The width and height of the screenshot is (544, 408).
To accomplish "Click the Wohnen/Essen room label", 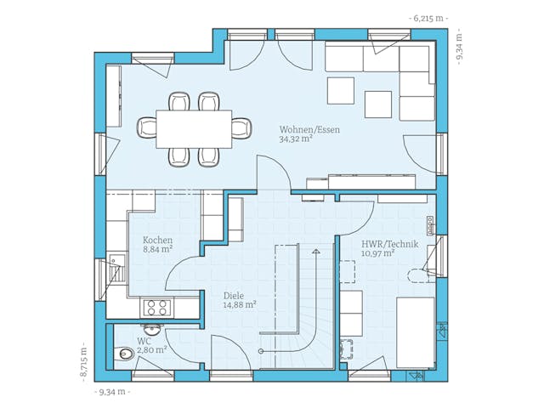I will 309,130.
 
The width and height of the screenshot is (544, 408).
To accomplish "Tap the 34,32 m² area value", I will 296,139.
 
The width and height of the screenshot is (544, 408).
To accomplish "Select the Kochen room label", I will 158,240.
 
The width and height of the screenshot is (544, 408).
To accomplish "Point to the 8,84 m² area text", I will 158,250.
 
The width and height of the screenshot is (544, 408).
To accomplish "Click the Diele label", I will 233,295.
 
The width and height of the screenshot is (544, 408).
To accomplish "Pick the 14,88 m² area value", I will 240,304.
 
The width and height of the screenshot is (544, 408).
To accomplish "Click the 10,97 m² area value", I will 377,253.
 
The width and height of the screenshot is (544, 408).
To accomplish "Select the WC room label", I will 144,339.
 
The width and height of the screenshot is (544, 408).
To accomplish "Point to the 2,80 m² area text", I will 151,348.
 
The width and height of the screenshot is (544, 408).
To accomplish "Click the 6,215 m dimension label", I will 429,18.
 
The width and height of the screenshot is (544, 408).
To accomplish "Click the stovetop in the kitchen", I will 156,304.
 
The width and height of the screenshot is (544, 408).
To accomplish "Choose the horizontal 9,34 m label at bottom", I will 113,392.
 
